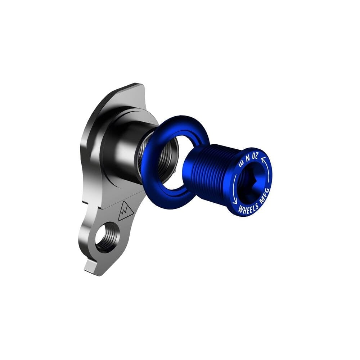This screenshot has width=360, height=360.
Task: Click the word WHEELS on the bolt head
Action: tap(248, 208)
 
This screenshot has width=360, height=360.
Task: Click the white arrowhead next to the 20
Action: tap(263, 159)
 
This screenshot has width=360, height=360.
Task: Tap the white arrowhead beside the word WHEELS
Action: tap(235, 202)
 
